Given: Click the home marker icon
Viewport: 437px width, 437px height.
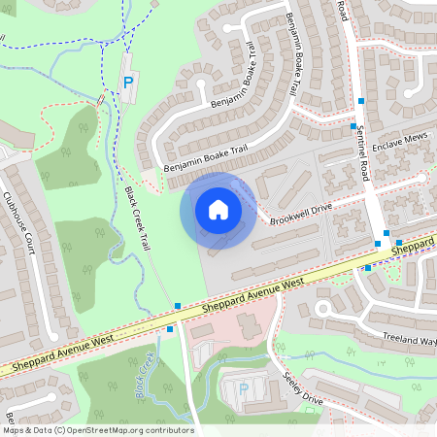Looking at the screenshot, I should pyautogui.click(x=218, y=210).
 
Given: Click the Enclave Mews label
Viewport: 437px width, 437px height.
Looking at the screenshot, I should pyautogui.click(x=399, y=142).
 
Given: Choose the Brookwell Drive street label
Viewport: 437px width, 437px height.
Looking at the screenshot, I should pyautogui.click(x=301, y=210).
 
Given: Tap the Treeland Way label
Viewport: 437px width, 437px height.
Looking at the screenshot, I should pyautogui.click(x=410, y=341).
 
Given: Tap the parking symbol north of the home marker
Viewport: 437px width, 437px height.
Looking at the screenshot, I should pyautogui.click(x=127, y=84).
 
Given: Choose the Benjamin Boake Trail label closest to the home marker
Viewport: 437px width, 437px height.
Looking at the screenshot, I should pyautogui.click(x=207, y=160).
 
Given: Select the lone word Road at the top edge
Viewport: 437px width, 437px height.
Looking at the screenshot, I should pyautogui.click(x=342, y=11).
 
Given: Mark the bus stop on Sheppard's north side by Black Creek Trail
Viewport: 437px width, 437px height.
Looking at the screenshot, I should pyautogui.click(x=178, y=306).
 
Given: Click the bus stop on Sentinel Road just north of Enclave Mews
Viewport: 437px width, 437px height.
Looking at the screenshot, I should pyautogui.click(x=353, y=125).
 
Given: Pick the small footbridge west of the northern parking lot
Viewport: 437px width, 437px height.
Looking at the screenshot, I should pyautogui.click(x=101, y=100).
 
